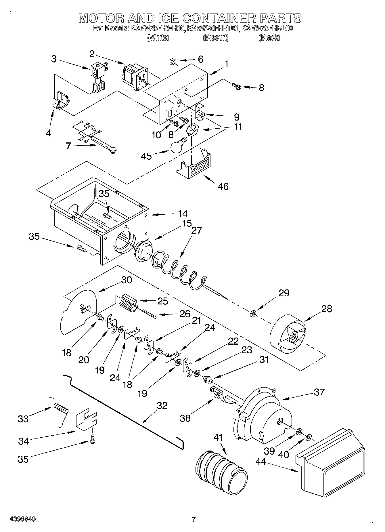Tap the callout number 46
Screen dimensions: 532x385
223,186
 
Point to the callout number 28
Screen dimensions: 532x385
327,309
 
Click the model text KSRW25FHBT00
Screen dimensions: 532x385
213,28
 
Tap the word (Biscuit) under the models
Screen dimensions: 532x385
216,37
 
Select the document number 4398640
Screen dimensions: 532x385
23,519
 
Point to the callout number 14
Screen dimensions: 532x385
183,214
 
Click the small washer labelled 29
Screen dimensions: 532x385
253,313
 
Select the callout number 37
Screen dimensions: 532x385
319,392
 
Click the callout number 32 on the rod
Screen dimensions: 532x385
162,405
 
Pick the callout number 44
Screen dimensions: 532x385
261,462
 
